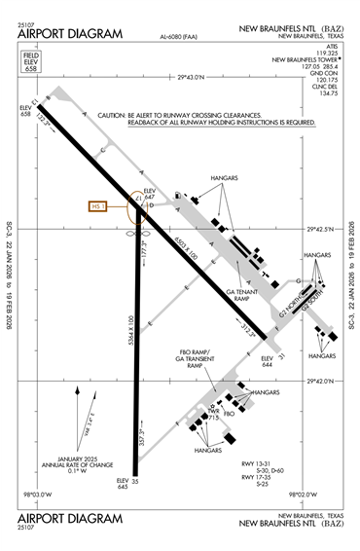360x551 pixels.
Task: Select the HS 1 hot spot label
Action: pyautogui.click(x=96, y=206)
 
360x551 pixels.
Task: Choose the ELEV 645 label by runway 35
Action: pyautogui.click(x=123, y=484)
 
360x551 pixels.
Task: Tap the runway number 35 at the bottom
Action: pyautogui.click(x=135, y=481)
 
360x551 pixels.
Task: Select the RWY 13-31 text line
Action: pyautogui.click(x=262, y=462)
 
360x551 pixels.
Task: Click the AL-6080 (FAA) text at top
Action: pyautogui.click(x=178, y=39)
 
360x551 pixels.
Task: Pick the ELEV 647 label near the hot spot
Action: pyautogui.click(x=150, y=193)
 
